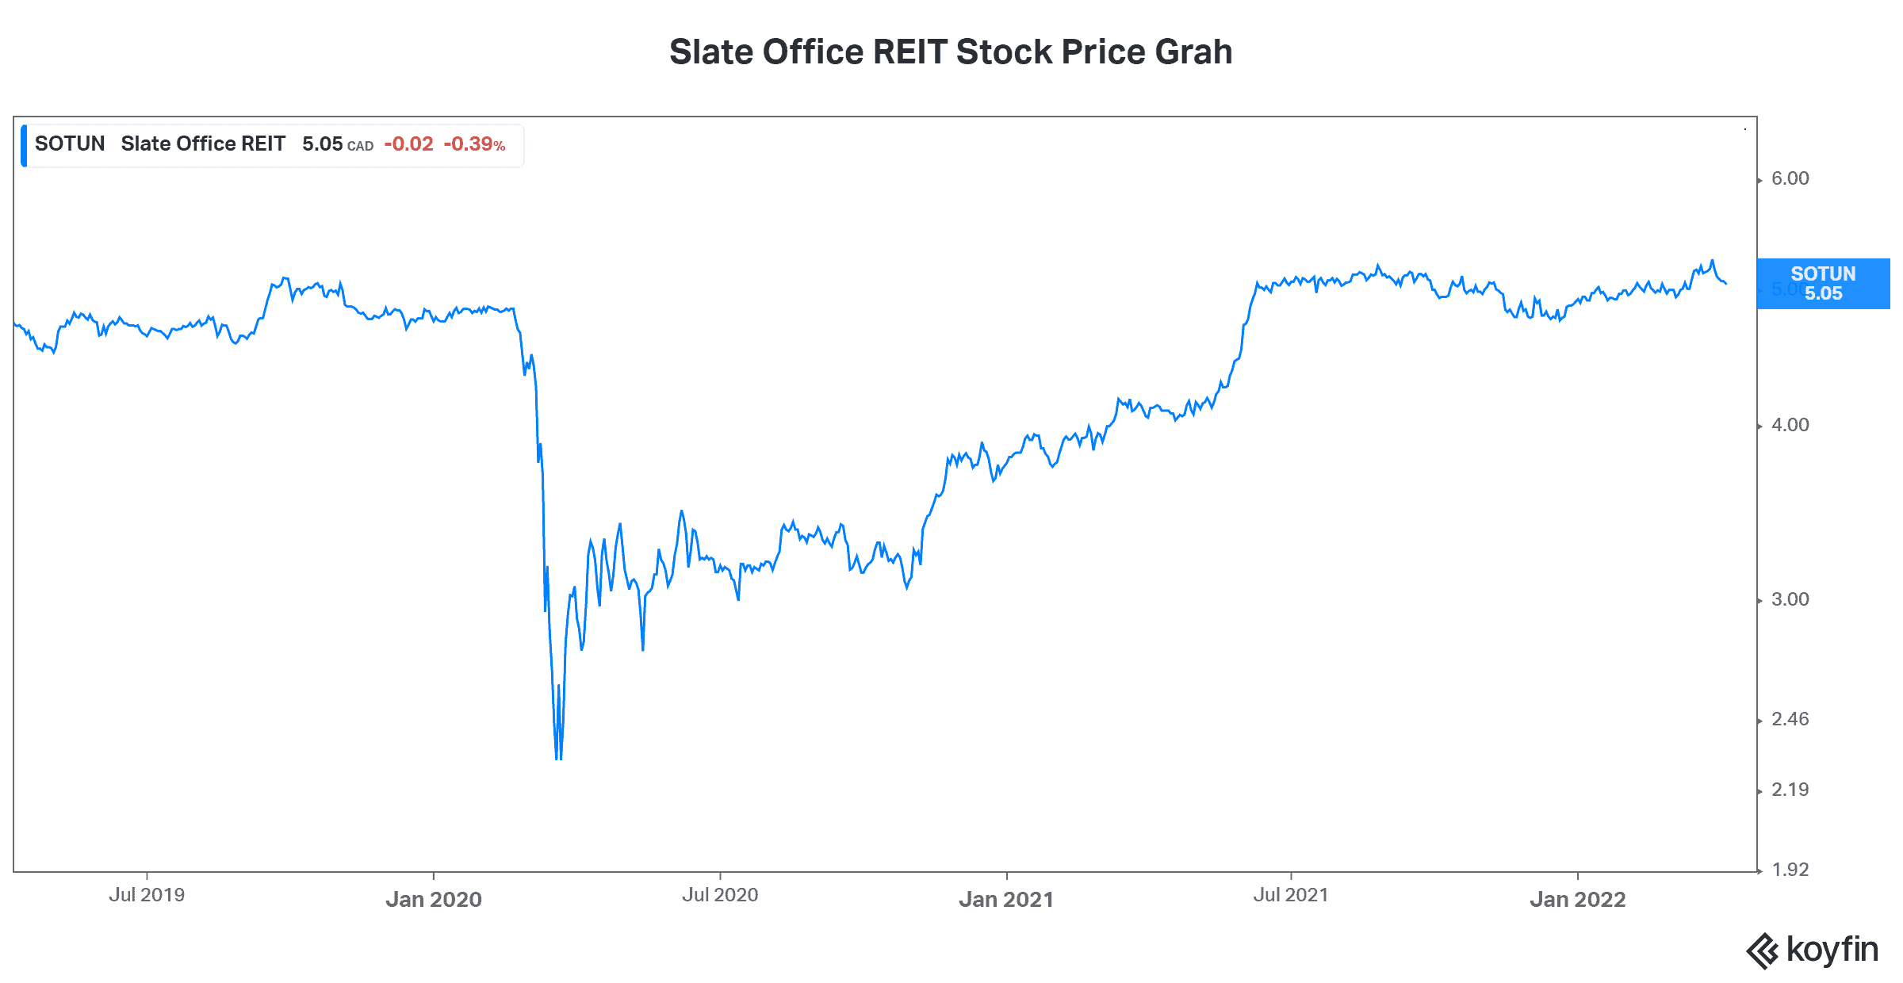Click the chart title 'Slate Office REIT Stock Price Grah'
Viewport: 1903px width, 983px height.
950,52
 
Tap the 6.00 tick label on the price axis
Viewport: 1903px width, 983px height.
1790,178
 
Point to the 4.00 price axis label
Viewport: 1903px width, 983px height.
1790,425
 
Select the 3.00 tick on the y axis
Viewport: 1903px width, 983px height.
1790,599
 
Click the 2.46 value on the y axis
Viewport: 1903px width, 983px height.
1790,719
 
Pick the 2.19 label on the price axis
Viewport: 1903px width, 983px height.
1790,790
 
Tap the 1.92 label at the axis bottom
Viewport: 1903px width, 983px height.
1790,870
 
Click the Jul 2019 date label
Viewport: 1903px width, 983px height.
147,895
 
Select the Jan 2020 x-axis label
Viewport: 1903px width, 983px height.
434,900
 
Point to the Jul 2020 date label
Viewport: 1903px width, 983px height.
720,895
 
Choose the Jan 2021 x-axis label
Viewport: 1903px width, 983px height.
1006,900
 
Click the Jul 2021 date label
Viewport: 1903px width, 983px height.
1291,895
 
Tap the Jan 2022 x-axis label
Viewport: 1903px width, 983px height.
1578,900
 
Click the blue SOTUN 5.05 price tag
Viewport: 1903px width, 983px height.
1823,284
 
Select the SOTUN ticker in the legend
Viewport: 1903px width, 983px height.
70,144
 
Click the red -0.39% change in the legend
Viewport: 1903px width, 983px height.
474,144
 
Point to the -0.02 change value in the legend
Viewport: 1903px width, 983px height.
408,144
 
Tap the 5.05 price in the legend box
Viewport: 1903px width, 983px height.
322,144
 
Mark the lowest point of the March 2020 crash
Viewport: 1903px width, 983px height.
558,759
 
